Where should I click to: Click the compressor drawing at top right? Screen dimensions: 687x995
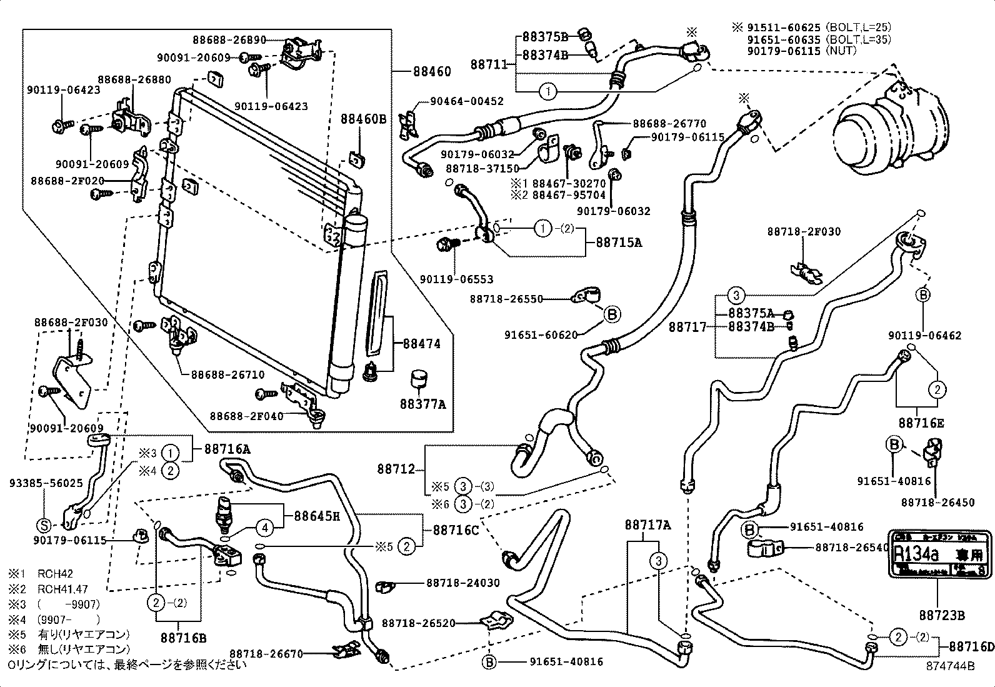(891, 128)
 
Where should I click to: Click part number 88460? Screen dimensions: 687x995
(431, 72)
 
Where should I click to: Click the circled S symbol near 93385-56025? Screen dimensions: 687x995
(46, 524)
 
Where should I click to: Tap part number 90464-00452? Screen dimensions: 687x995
(466, 101)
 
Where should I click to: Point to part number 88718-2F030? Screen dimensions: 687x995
(804, 232)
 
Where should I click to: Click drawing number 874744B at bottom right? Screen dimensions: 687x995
(950, 666)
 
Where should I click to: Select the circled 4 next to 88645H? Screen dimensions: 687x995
(265, 528)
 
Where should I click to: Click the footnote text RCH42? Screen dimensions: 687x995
(55, 573)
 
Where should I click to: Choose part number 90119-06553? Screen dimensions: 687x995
(456, 280)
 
